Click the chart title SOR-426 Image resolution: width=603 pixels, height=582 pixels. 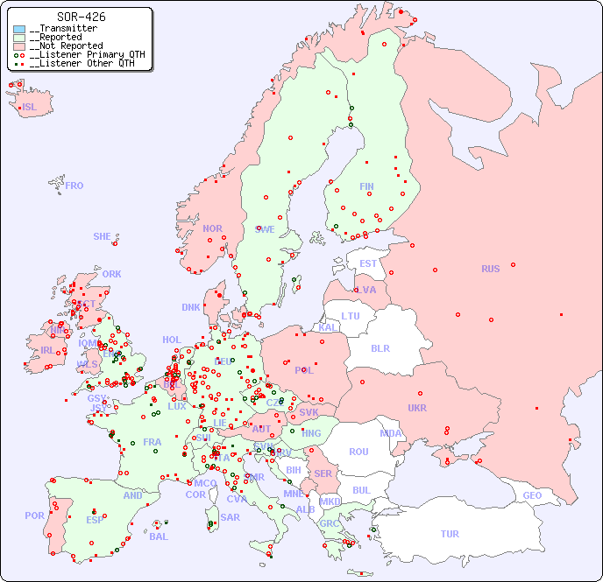click(x=81, y=17)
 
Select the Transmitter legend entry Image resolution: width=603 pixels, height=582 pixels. click(x=66, y=29)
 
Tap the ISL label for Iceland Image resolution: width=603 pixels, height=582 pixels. click(x=30, y=108)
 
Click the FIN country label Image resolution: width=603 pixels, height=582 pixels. click(x=366, y=186)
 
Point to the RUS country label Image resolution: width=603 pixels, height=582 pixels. click(x=490, y=269)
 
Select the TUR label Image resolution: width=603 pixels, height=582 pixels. click(x=450, y=534)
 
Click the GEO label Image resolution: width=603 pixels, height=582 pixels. click(x=532, y=495)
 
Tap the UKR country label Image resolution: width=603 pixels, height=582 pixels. click(x=417, y=408)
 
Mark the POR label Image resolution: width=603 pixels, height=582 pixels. click(x=34, y=515)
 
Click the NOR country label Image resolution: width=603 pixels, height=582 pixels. click(x=212, y=228)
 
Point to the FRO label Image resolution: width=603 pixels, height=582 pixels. click(x=74, y=186)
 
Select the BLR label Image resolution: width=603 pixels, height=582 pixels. click(x=380, y=347)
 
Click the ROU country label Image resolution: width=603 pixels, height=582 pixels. click(x=358, y=452)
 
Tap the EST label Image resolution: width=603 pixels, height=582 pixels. click(x=368, y=263)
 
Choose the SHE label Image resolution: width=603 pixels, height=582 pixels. click(x=103, y=236)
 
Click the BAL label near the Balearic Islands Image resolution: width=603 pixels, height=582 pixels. click(x=158, y=536)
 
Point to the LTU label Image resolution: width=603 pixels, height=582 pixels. click(x=351, y=316)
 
